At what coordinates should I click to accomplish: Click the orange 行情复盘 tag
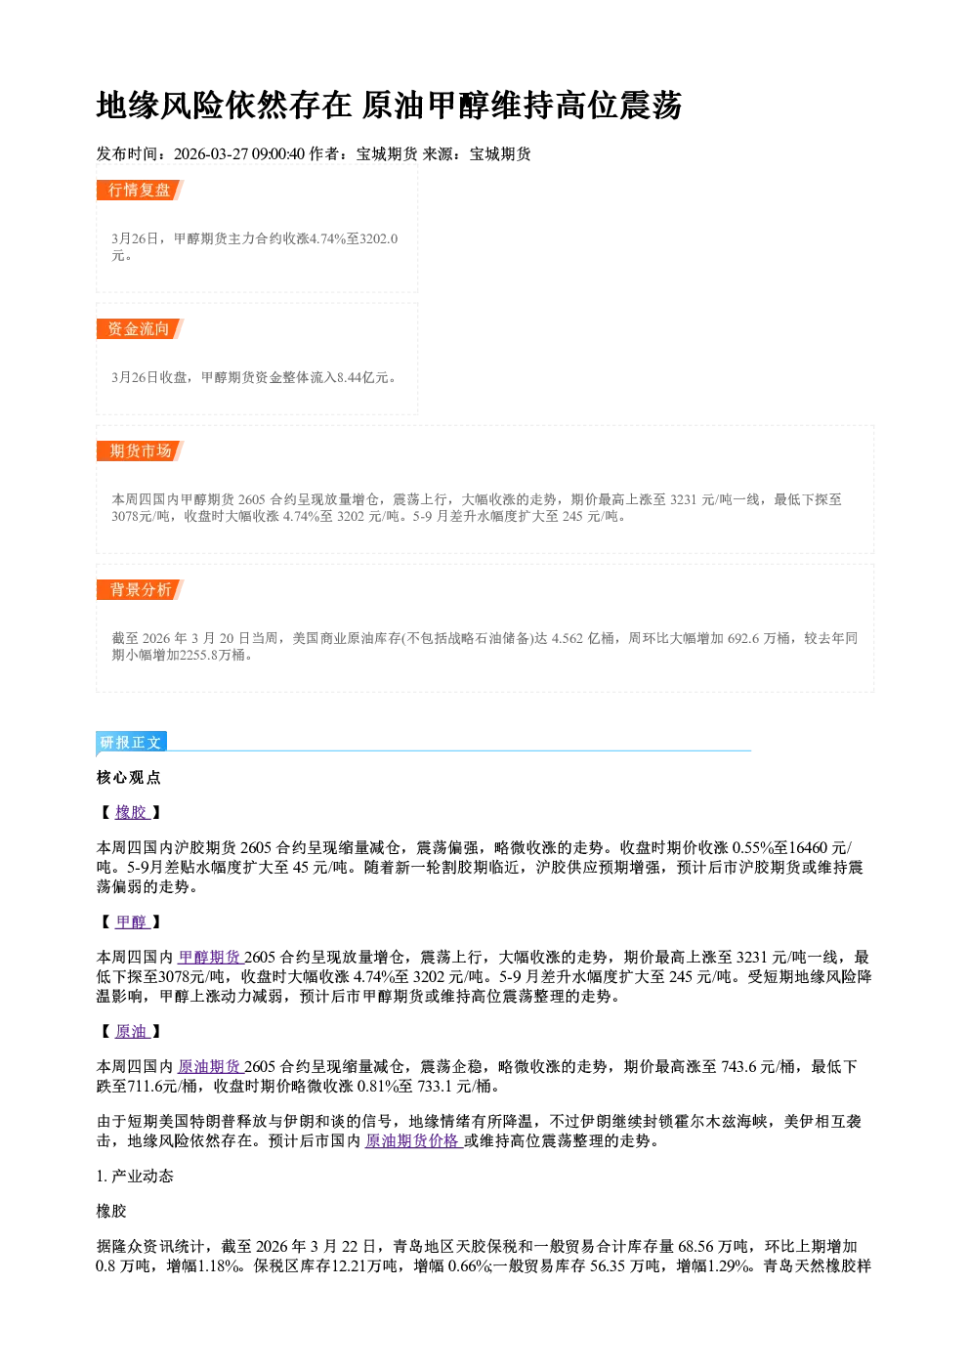point(140,190)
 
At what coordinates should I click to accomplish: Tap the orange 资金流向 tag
point(140,328)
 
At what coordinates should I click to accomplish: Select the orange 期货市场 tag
point(140,451)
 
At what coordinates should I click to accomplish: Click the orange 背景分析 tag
point(140,589)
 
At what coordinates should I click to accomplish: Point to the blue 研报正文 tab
point(131,742)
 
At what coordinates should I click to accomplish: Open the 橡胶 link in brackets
point(132,812)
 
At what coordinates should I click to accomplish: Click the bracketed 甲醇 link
point(132,921)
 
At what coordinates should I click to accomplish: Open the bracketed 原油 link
point(132,1031)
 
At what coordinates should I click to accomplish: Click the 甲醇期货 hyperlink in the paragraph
point(210,958)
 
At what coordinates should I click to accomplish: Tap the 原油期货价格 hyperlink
point(413,1140)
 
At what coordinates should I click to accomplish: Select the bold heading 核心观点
point(129,777)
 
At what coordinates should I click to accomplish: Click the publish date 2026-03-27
point(211,153)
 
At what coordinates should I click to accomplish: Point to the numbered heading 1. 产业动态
point(135,1176)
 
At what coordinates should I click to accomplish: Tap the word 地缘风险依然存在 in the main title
point(224,105)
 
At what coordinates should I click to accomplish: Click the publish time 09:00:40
point(278,153)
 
